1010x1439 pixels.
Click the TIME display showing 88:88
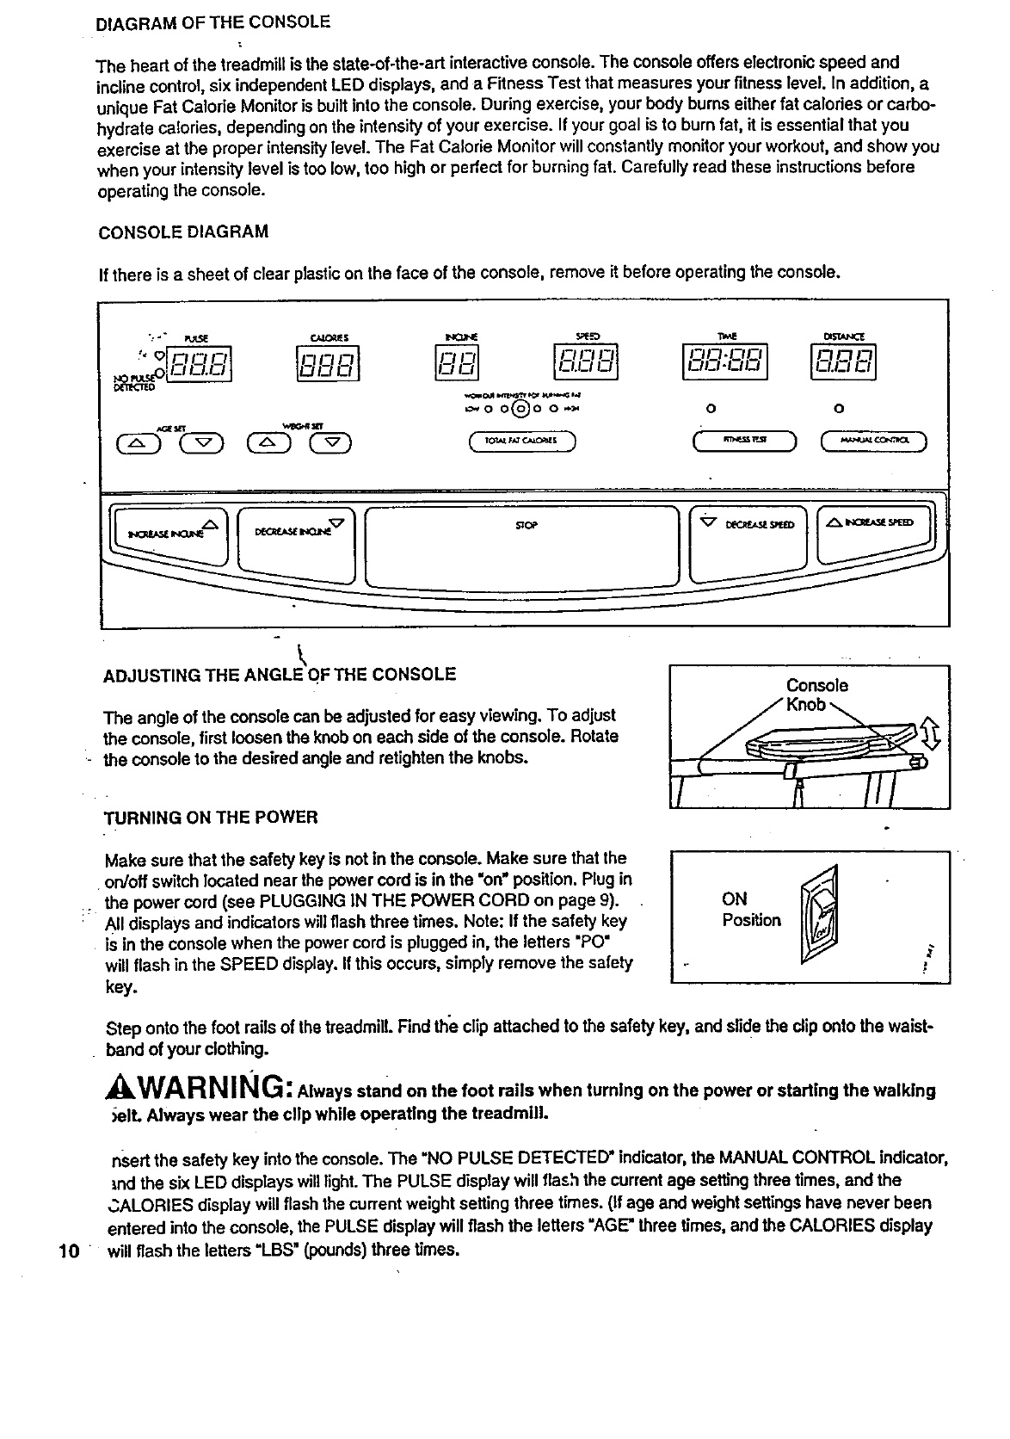(x=724, y=362)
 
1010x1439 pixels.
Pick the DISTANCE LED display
(x=842, y=362)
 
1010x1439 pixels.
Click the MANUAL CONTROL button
(x=874, y=442)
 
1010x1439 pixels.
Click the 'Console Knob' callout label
(x=816, y=695)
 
